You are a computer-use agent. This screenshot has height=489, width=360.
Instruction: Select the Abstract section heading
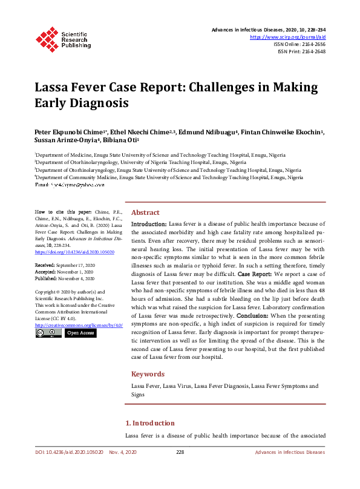[145, 213]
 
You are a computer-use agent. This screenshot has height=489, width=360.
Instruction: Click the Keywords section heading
[148, 374]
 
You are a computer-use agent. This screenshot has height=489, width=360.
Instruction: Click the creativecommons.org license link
[79, 325]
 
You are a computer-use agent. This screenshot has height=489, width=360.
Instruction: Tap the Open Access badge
[80, 333]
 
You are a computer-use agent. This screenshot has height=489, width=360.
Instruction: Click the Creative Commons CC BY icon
[48, 333]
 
